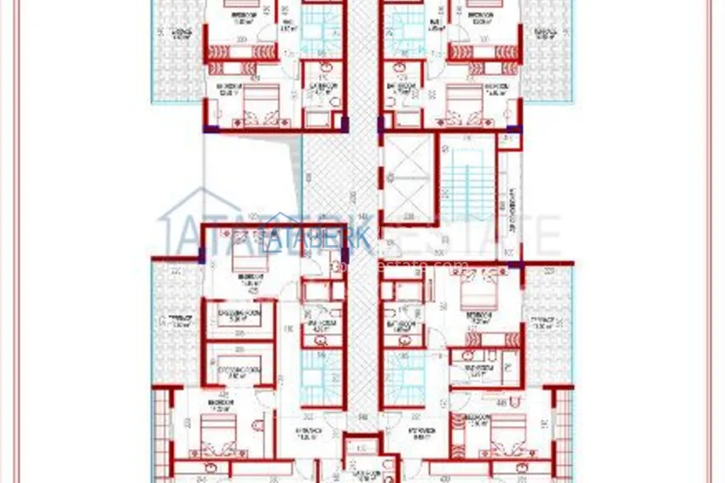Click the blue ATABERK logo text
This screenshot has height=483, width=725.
point(328,239)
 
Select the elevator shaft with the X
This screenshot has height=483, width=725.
point(409,178)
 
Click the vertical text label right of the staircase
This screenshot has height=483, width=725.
point(510,210)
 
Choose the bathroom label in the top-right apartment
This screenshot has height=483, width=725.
point(401,88)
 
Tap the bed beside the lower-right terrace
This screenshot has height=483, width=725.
point(473,295)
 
